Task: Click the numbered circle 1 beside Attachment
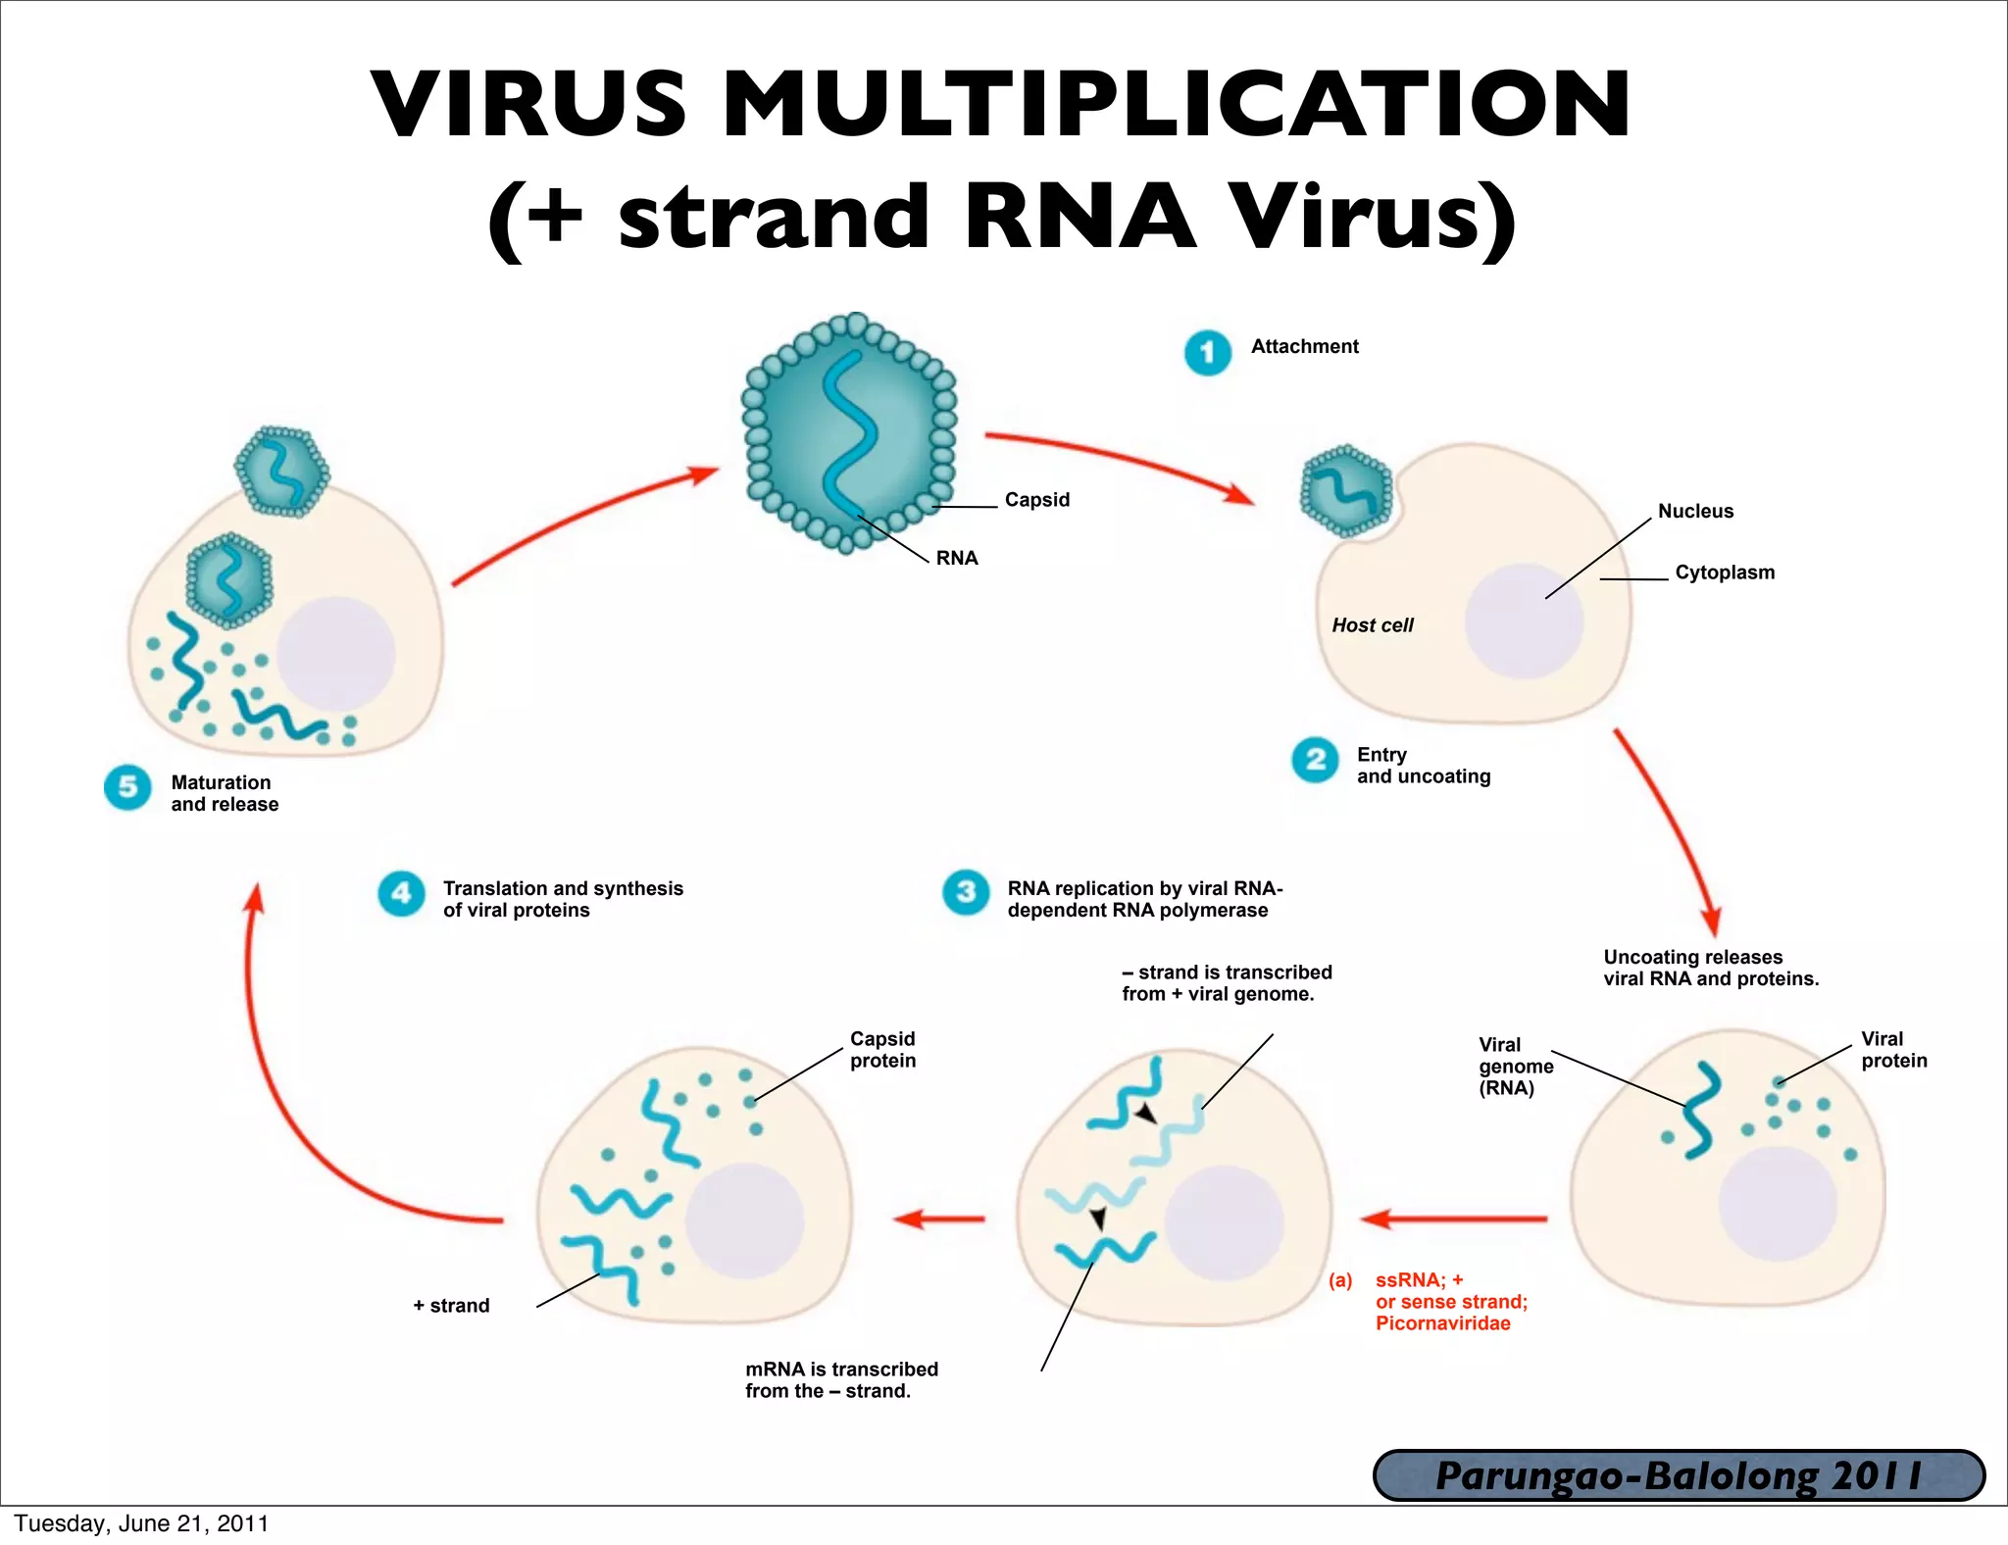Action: tap(1207, 353)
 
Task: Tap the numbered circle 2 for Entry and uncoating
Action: tap(1315, 760)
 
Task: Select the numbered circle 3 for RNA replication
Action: tap(966, 892)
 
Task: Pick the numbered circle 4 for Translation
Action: tap(401, 893)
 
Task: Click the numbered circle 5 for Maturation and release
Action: tap(127, 787)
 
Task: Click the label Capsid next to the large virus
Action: tap(1036, 500)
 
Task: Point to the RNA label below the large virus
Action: tap(956, 558)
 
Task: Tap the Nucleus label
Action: tap(1695, 511)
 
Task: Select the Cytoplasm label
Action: tap(1724, 573)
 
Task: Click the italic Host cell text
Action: tap(1372, 625)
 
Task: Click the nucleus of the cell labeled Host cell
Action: tap(1524, 622)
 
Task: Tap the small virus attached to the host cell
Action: tap(1346, 490)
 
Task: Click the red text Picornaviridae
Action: tap(1442, 1323)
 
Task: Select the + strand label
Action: tap(451, 1306)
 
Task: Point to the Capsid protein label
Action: tap(882, 1049)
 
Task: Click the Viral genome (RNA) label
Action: tap(1515, 1067)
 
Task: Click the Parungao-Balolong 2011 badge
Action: tap(1678, 1475)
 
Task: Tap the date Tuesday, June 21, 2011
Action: tap(141, 1523)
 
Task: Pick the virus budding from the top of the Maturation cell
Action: tap(281, 472)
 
